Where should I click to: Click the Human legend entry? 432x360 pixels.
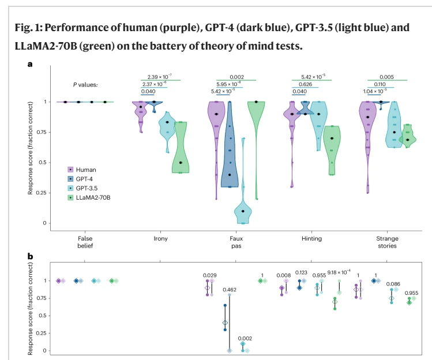[x=82, y=170]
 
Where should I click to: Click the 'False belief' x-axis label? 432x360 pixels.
[x=85, y=242]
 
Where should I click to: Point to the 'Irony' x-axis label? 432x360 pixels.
[x=153, y=238]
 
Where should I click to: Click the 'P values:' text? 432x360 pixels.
[x=85, y=85]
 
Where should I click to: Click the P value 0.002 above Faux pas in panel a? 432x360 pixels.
[x=236, y=77]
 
